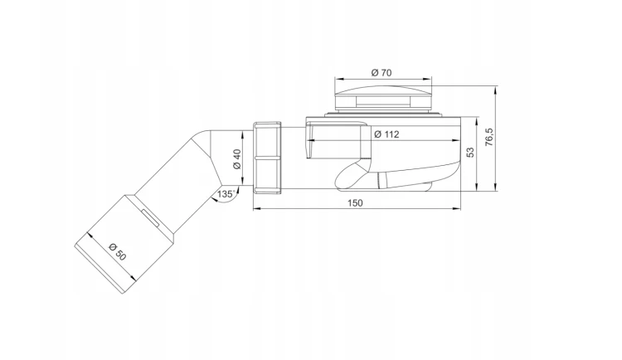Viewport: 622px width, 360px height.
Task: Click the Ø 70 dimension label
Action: pyautogui.click(x=381, y=73)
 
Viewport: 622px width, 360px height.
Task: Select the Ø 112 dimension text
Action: pyautogui.click(x=386, y=134)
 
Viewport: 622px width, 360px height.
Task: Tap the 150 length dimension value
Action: pyautogui.click(x=355, y=203)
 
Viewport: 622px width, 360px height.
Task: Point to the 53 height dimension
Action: pyautogui.click(x=470, y=152)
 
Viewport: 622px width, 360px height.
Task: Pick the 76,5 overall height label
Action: pyautogui.click(x=489, y=137)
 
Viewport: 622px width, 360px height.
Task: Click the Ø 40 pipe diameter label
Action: pyautogui.click(x=237, y=159)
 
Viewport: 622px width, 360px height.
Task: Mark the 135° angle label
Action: pyautogui.click(x=226, y=194)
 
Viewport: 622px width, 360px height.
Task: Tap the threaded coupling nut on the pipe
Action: pyautogui.click(x=267, y=158)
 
